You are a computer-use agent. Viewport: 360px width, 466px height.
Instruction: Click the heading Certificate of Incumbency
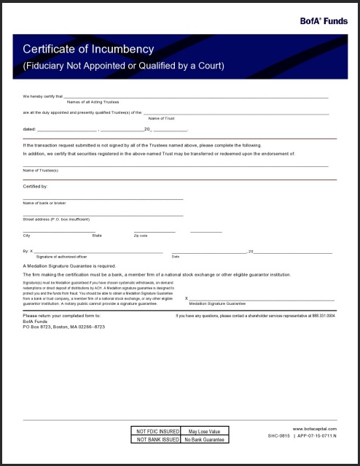pos(89,50)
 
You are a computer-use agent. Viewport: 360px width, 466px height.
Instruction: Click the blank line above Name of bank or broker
pos(103,198)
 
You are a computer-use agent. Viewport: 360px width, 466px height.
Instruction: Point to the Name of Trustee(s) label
pos(41,171)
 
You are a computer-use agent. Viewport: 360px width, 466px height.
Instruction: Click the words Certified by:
pos(35,187)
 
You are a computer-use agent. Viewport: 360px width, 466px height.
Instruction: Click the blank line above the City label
pos(51,231)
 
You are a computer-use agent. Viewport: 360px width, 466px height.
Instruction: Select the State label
pos(97,236)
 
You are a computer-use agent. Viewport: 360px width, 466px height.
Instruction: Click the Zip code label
pos(141,236)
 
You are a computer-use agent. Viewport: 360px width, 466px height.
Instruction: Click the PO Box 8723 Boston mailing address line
pos(64,327)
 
